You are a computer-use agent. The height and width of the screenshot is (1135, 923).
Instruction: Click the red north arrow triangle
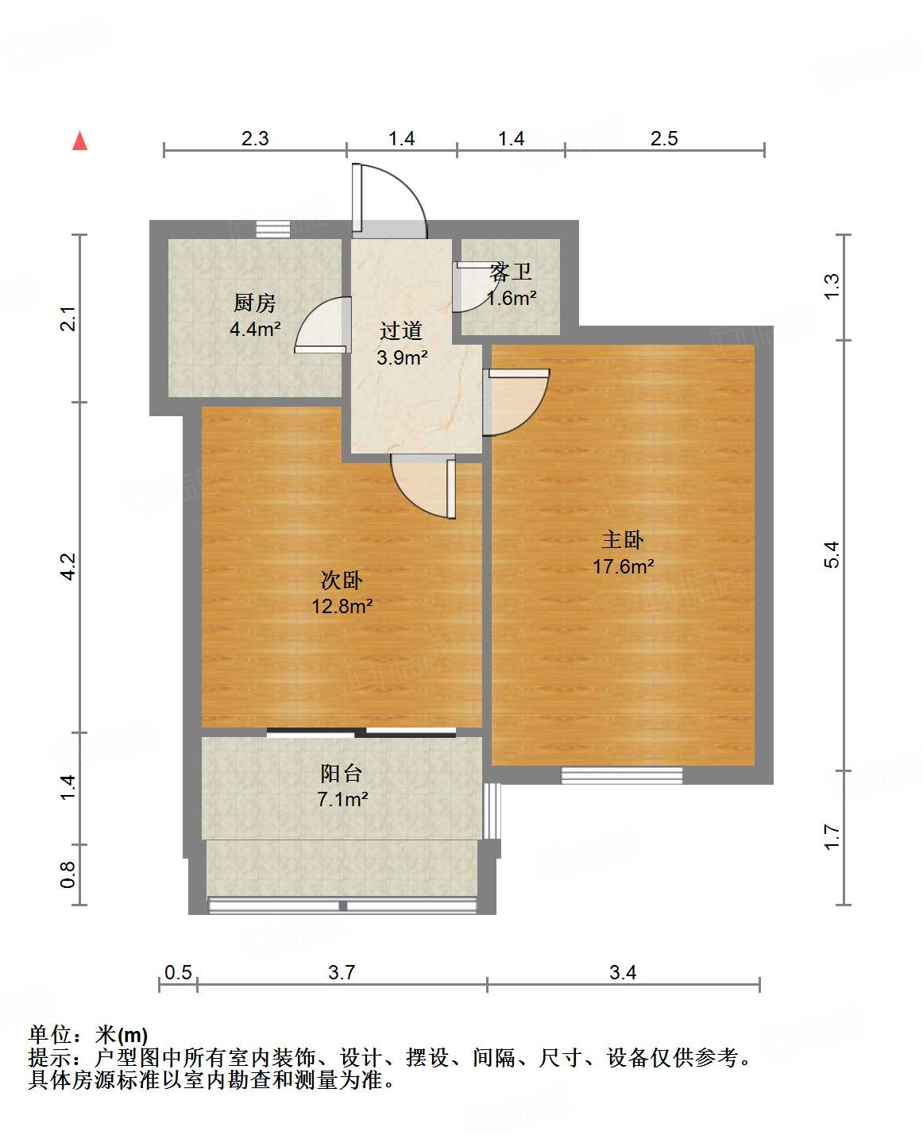pyautogui.click(x=80, y=141)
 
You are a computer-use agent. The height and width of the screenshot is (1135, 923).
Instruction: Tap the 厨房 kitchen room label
pyautogui.click(x=255, y=303)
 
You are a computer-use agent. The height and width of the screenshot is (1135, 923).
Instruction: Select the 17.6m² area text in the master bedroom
pyautogui.click(x=624, y=566)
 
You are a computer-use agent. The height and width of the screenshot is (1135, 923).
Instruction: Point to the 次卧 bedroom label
pyautogui.click(x=342, y=581)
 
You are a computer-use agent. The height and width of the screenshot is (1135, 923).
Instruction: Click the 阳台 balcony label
pyautogui.click(x=342, y=773)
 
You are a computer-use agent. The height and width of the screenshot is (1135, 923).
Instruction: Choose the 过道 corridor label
pyautogui.click(x=401, y=330)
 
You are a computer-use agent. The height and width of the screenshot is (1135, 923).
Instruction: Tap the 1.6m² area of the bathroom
pyautogui.click(x=511, y=298)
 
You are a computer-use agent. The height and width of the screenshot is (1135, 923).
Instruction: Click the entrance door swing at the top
pyautogui.click(x=389, y=200)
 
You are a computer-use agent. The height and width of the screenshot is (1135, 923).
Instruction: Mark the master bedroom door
pyautogui.click(x=516, y=403)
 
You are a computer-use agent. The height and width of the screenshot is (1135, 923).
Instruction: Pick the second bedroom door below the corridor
pyautogui.click(x=423, y=487)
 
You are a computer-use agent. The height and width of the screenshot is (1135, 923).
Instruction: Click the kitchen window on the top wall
pyautogui.click(x=273, y=229)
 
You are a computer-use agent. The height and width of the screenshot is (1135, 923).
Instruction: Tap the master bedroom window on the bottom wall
pyautogui.click(x=622, y=775)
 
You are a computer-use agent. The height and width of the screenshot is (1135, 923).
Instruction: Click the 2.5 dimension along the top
pyautogui.click(x=664, y=138)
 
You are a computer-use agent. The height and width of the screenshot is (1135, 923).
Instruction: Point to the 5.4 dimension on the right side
pyautogui.click(x=832, y=554)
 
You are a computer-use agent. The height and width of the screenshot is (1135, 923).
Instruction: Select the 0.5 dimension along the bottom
pyautogui.click(x=178, y=972)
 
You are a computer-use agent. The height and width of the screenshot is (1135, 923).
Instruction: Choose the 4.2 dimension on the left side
pyautogui.click(x=68, y=566)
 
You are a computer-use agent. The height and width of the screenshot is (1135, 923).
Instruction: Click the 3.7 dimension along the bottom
pyautogui.click(x=342, y=972)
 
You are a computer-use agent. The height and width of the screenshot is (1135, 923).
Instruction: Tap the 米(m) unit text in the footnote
pyautogui.click(x=122, y=1035)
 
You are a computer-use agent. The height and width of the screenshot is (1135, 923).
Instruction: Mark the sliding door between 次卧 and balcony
pyautogui.click(x=361, y=732)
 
